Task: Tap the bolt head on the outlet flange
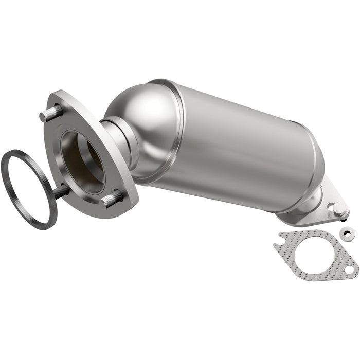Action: tap(338, 208)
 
